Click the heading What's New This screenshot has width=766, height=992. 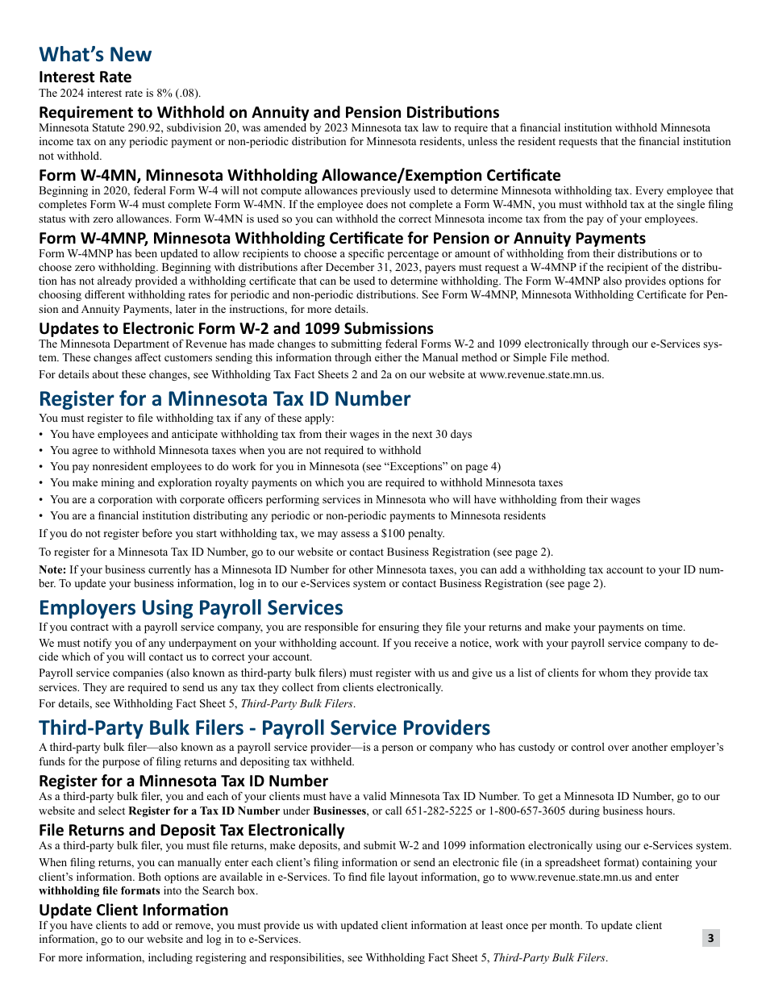(x=95, y=54)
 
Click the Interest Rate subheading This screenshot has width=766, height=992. (x=85, y=77)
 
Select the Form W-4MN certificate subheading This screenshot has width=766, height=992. (x=299, y=175)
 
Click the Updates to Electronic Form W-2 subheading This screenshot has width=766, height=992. (x=236, y=328)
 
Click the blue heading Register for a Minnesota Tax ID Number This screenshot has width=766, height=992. (x=224, y=398)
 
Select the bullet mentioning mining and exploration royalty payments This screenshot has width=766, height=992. (x=306, y=482)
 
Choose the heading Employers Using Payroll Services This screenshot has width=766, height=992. (x=191, y=606)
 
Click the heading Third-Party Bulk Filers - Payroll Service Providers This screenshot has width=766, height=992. (x=264, y=727)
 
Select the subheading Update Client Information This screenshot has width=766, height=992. (x=134, y=910)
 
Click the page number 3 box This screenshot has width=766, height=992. (x=710, y=937)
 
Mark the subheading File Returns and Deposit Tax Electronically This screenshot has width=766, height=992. (x=192, y=830)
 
